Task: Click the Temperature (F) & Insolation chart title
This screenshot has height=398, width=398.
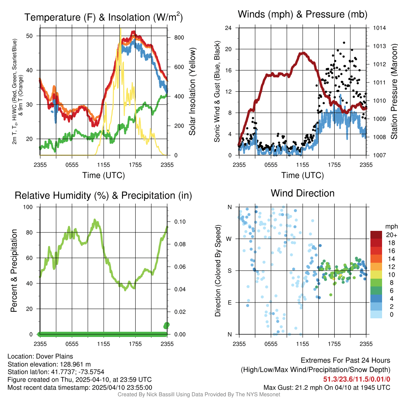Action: [x=103, y=17]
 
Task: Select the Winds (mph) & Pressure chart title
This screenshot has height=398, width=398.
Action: [x=302, y=14]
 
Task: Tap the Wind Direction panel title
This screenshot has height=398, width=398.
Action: [x=302, y=193]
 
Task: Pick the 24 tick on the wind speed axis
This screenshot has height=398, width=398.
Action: [x=229, y=28]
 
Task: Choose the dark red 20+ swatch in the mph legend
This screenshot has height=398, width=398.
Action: [x=376, y=234]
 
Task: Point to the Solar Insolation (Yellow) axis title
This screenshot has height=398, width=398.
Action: [x=192, y=92]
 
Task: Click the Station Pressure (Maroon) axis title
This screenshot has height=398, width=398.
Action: [x=393, y=92]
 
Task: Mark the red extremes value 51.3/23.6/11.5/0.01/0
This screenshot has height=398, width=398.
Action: [x=356, y=379]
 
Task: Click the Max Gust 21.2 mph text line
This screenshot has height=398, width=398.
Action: [x=326, y=387]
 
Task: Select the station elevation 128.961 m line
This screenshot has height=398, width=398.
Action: [x=49, y=364]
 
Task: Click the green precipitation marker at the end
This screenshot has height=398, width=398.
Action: [x=167, y=325]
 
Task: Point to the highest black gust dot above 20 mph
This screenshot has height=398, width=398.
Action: [x=344, y=43]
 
